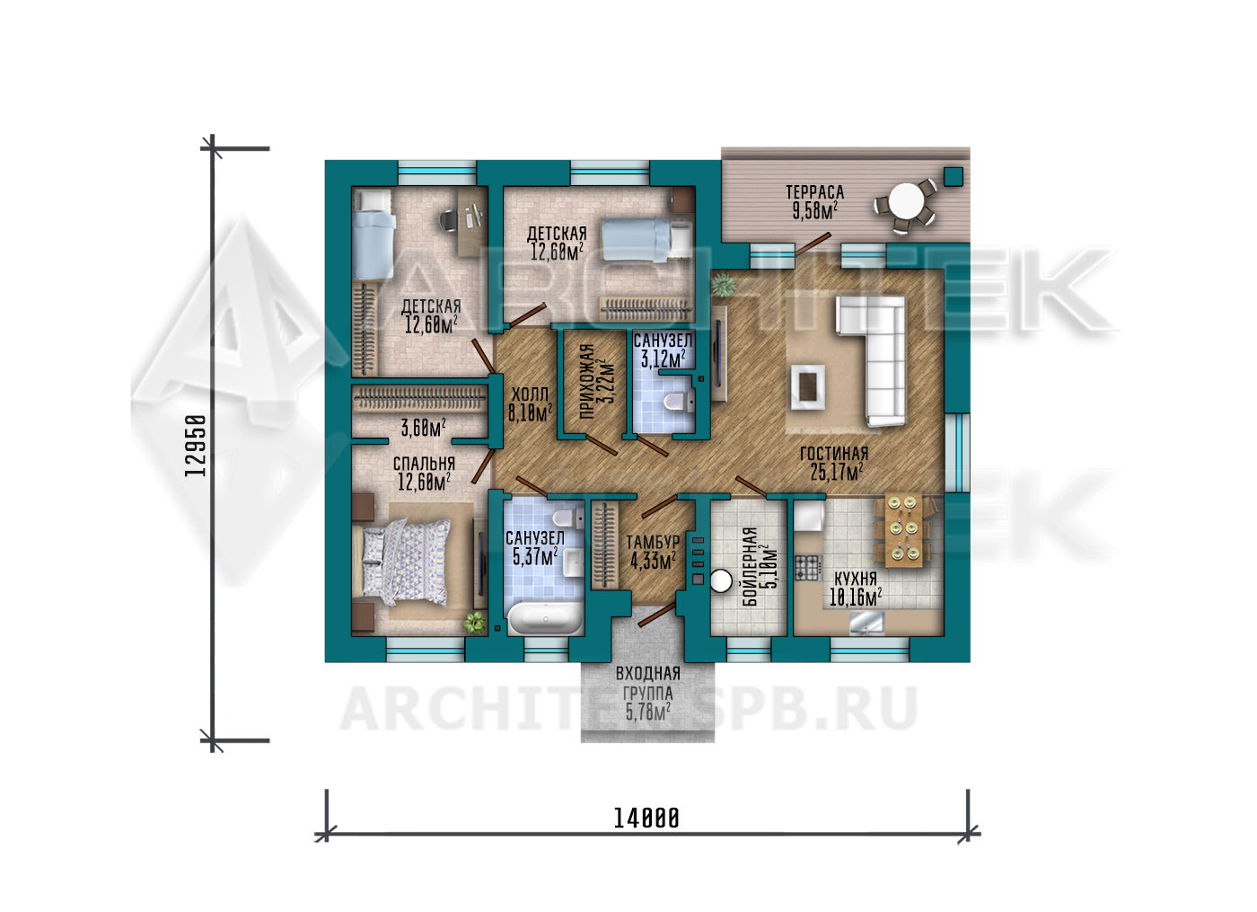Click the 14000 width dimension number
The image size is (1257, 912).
pos(646,819)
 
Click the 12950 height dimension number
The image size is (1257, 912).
pos(195,446)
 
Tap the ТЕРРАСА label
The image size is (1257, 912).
pos(815,192)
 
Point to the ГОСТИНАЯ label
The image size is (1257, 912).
pos(834,453)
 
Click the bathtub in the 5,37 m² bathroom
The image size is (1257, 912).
pos(544,618)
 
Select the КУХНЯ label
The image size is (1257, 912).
pos(855,579)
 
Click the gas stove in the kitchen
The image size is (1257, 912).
pos(807,567)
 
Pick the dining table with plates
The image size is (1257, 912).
pos(903,529)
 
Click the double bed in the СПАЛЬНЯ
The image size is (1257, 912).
pos(405,562)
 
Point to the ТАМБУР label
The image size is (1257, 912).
pos(653,542)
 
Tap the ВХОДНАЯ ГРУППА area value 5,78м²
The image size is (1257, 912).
pos(647,713)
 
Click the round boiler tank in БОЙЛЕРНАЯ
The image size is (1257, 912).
pos(721,582)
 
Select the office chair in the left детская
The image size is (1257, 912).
pos(448,219)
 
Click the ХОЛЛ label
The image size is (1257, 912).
pos(530,394)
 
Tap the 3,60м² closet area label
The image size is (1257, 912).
pos(423,428)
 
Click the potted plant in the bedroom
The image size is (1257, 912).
pos(475,622)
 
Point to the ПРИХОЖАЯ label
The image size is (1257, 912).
pos(586,382)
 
